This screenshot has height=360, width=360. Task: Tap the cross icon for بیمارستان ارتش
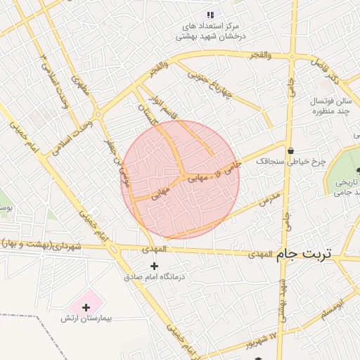coord(86,307)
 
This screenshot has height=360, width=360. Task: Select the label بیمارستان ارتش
coord(86,319)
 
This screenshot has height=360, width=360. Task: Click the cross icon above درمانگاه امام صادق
coord(155,266)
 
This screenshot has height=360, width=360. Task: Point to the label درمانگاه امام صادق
coord(155,277)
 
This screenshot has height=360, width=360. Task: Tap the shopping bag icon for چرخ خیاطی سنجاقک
coord(290,150)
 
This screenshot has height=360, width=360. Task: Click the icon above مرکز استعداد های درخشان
coord(210,15)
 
